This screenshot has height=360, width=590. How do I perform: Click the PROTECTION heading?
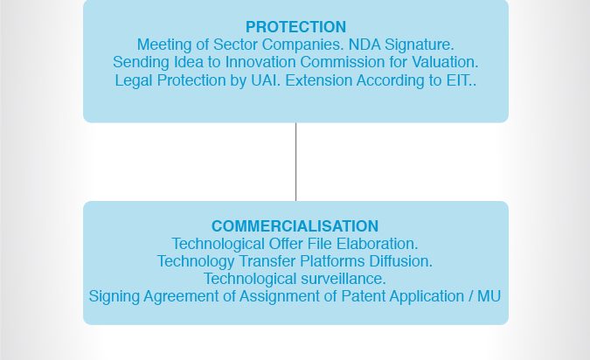coord(295,27)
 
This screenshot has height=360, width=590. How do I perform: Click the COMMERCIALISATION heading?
coord(295,226)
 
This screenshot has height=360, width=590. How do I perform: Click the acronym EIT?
coord(459,80)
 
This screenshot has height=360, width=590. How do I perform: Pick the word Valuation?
coord(445,62)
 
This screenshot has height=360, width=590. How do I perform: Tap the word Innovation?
coord(260,62)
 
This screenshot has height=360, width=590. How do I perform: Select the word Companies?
coord(303,45)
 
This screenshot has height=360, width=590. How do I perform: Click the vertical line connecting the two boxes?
coord(295,162)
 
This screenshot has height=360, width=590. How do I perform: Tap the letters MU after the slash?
coord(489,297)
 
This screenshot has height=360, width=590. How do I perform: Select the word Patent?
coord(363,297)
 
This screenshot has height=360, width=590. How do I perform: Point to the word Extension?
coord(318,80)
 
